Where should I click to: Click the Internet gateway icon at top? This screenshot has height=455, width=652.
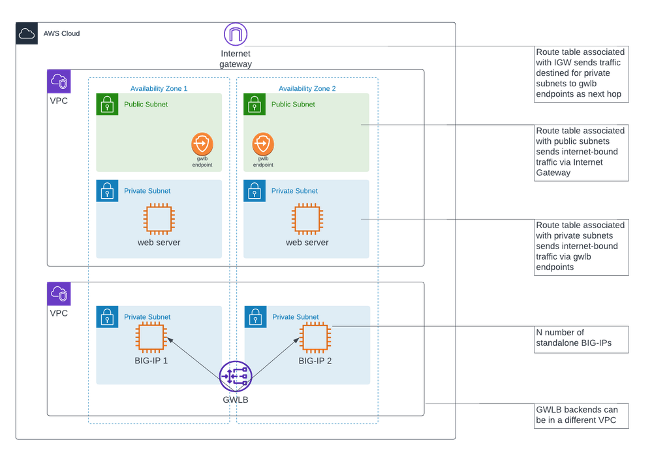coord(235,35)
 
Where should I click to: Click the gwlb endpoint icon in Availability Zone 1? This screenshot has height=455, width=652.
coord(202,143)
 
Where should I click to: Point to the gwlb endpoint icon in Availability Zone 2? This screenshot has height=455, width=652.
coord(262,143)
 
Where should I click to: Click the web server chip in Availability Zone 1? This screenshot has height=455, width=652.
coord(159,219)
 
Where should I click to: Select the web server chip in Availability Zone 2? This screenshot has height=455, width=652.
coord(307,219)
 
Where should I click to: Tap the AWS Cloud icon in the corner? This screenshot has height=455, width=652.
coord(27,34)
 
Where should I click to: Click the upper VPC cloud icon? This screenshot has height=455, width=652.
coord(59,82)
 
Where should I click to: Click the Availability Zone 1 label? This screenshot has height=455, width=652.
coord(159,88)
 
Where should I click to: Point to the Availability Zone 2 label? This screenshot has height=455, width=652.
coord(307,88)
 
